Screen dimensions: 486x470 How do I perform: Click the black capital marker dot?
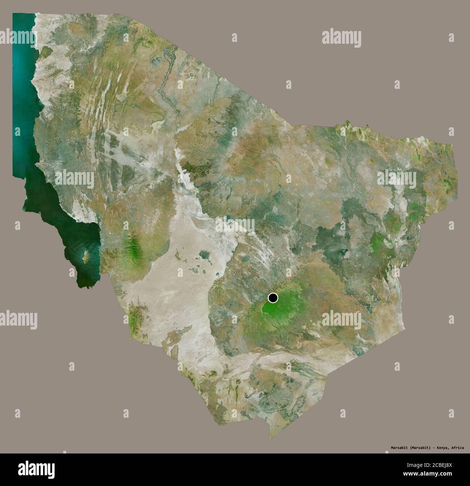(x=273, y=298)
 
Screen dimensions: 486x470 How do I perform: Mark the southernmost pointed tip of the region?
(x=269, y=439)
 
